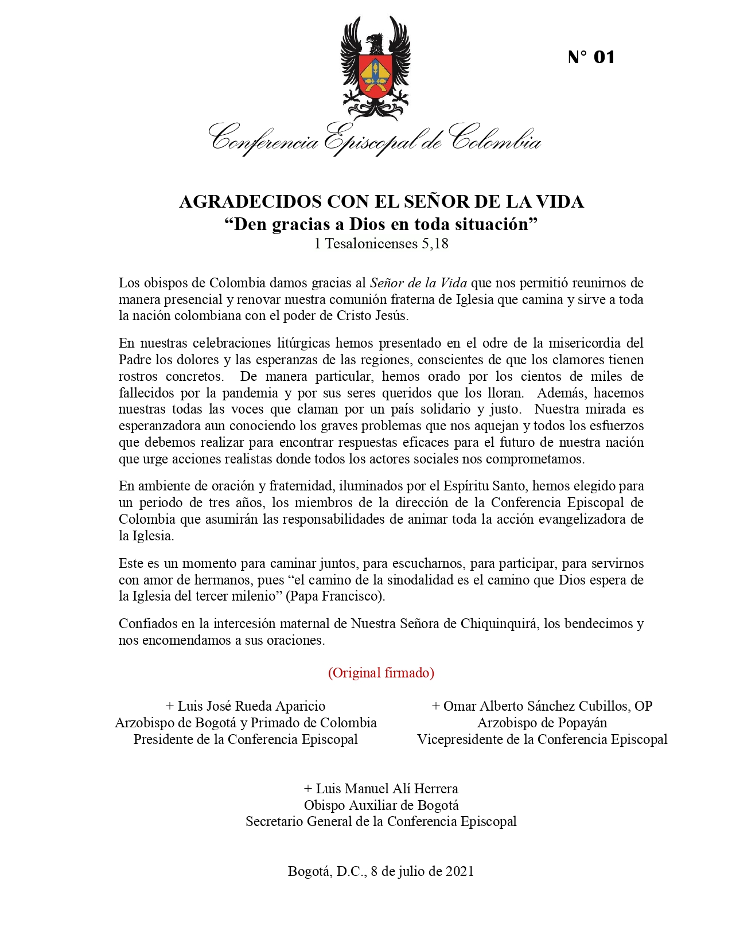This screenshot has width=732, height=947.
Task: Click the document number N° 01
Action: [x=591, y=57]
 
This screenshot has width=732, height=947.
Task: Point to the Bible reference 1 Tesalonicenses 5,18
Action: [x=381, y=244]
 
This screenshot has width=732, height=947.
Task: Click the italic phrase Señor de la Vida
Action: [x=418, y=283]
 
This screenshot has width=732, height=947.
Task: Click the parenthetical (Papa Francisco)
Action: [x=336, y=596]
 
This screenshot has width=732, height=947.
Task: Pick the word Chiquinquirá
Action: [x=499, y=623]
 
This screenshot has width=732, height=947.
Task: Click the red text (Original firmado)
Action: [x=381, y=673]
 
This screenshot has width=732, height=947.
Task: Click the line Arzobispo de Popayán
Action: [x=542, y=723]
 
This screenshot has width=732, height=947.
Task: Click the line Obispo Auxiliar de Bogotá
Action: [x=381, y=805]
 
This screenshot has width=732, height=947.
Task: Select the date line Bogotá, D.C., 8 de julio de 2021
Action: [x=381, y=871]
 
